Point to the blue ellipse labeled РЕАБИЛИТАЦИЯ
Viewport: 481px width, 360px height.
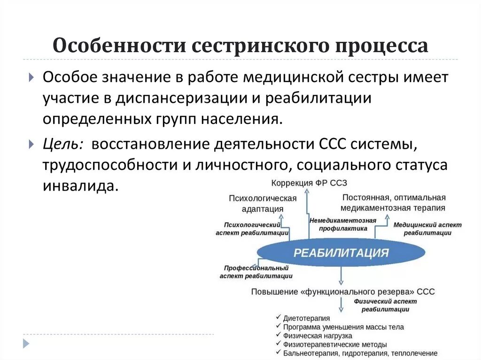tap(341, 253)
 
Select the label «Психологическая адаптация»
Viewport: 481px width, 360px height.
tap(263, 203)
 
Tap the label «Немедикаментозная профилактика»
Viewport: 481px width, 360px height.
tap(343, 224)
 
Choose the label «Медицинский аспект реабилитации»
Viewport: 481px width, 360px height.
tap(427, 229)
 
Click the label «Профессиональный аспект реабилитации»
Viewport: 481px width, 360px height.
tap(256, 272)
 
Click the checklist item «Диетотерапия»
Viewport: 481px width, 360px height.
tap(306, 318)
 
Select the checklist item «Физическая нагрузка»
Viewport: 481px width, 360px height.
tap(318, 336)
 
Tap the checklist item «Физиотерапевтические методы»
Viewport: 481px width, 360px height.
tap(335, 345)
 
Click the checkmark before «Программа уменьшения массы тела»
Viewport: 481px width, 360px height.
tap(279, 327)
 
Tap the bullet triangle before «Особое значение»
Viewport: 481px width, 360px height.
tap(31, 77)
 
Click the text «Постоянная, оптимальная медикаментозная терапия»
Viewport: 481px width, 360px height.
tap(394, 202)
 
